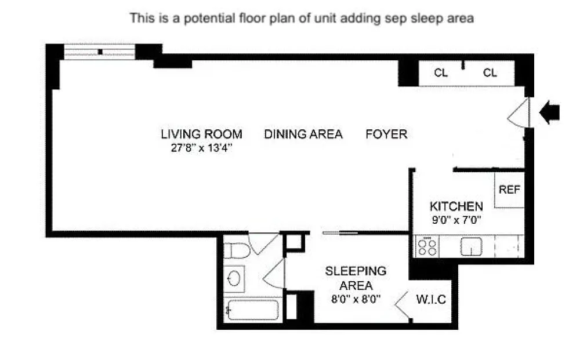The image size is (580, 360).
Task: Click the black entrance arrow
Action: click(x=550, y=112)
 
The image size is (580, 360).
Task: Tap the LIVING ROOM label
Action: click(x=202, y=134)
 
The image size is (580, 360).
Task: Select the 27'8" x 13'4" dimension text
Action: click(x=202, y=148)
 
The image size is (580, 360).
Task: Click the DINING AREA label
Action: click(x=303, y=134)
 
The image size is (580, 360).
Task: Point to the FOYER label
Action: click(x=386, y=134)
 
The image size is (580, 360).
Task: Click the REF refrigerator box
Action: click(x=509, y=190)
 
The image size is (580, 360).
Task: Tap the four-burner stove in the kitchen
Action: click(x=427, y=246)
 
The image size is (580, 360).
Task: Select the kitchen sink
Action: click(x=471, y=246)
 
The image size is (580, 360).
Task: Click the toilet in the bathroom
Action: click(x=237, y=250)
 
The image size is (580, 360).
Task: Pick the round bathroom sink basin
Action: click(x=234, y=278)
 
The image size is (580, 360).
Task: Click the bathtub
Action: click(x=253, y=310)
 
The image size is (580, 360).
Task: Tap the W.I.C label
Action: click(x=431, y=299)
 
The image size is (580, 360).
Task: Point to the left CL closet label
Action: click(x=441, y=73)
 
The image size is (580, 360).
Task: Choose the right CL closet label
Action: click(x=490, y=73)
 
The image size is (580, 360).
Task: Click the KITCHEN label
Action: click(x=456, y=206)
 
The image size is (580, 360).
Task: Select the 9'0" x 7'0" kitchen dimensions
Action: click(x=456, y=220)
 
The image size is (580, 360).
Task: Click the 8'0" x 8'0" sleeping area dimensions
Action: click(x=356, y=299)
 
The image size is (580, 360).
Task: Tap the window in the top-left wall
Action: click(x=100, y=52)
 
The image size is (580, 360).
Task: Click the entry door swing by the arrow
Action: click(x=519, y=112)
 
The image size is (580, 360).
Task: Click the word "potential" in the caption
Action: click(x=209, y=18)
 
